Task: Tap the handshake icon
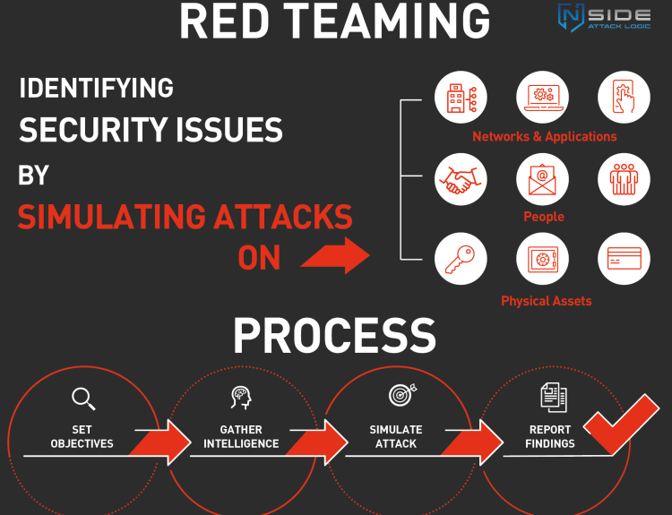pyautogui.click(x=461, y=179)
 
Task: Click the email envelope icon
pyautogui.click(x=542, y=179)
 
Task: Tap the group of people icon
pyautogui.click(x=624, y=179)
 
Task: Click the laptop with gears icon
pyautogui.click(x=542, y=97)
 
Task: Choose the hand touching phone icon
pyautogui.click(x=624, y=97)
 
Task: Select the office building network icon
pyautogui.click(x=461, y=97)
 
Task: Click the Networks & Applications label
pyautogui.click(x=544, y=137)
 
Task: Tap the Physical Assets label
pyautogui.click(x=546, y=301)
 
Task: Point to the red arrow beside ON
pyautogui.click(x=335, y=258)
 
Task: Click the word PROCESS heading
pyautogui.click(x=335, y=336)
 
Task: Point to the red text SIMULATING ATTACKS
pyautogui.click(x=185, y=217)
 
